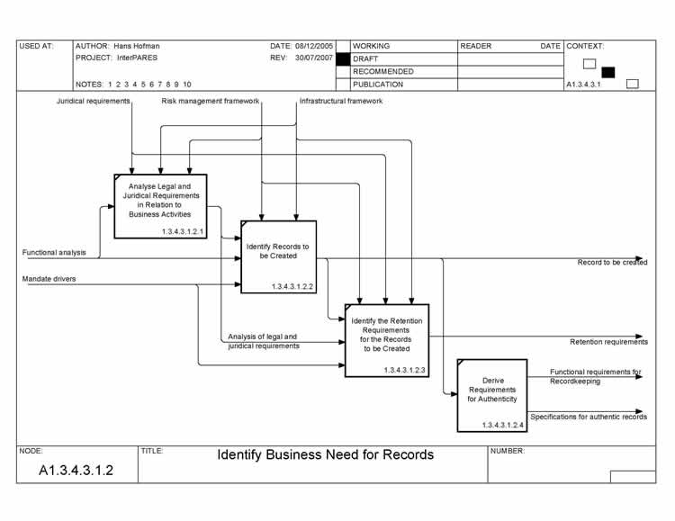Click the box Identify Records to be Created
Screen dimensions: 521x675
coord(278,256)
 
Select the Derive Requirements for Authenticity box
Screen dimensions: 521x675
coord(492,394)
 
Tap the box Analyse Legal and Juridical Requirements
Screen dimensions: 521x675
coord(160,206)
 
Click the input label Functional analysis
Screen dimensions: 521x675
coord(54,253)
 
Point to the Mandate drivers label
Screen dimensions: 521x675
coord(49,279)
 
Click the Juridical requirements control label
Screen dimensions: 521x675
coord(94,102)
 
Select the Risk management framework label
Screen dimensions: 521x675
coord(211,102)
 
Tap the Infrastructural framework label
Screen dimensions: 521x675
coord(341,102)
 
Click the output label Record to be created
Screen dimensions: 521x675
coord(612,263)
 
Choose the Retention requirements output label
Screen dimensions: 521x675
coord(608,342)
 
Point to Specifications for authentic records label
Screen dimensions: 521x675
coord(589,417)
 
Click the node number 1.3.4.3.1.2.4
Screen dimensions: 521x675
coord(503,425)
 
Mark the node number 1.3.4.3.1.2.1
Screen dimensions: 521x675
coord(184,232)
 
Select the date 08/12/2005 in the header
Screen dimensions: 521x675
coord(312,45)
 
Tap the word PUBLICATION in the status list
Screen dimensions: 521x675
coord(378,85)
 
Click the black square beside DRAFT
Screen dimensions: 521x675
coord(342,58)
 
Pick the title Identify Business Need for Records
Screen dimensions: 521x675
coord(325,455)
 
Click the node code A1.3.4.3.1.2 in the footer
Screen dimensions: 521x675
coord(76,471)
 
